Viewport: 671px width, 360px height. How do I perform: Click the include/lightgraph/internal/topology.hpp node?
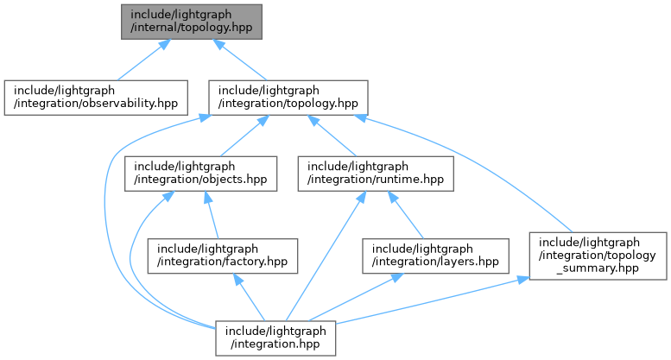pyautogui.click(x=191, y=21)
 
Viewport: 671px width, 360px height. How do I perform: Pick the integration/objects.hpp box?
pyautogui.click(x=201, y=174)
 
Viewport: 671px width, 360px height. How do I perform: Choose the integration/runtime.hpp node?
pyautogui.click(x=377, y=174)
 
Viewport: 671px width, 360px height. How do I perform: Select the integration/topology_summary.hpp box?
pyautogui.click(x=598, y=255)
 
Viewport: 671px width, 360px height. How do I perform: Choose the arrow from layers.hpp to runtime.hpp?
pyautogui.click(x=405, y=215)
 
